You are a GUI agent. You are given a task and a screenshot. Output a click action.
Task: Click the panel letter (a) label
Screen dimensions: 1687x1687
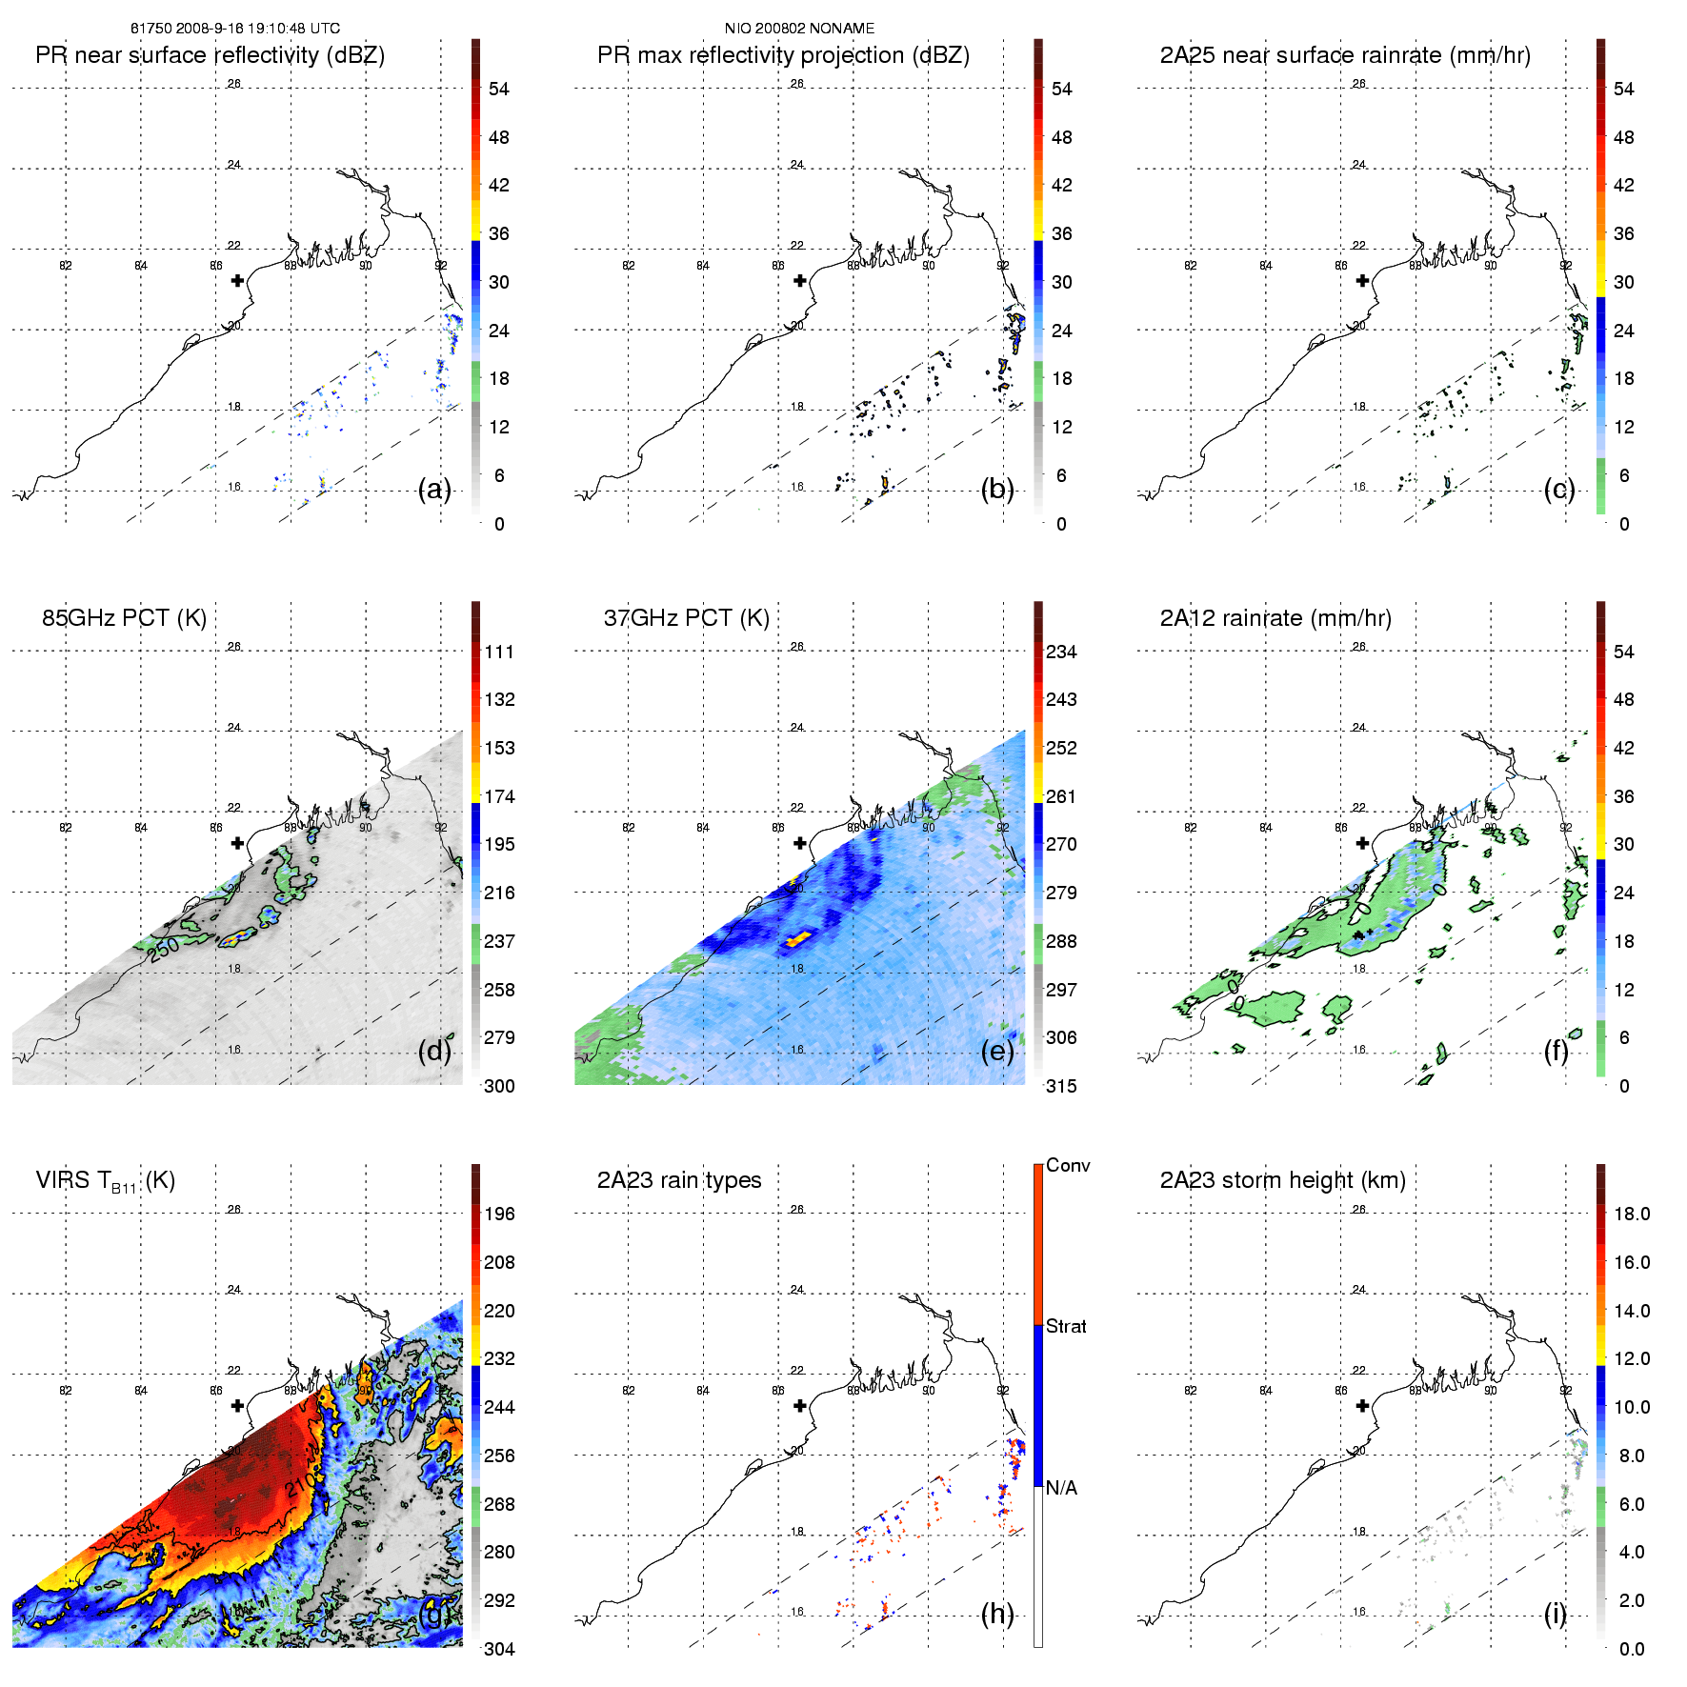pyautogui.click(x=434, y=490)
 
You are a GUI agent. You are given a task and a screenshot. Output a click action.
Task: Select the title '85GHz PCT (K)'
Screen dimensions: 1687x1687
pyautogui.click(x=124, y=618)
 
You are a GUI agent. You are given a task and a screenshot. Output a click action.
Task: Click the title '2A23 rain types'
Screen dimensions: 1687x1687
pyautogui.click(x=679, y=1180)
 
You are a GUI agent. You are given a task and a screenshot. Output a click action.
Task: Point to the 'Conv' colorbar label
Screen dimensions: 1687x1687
pyautogui.click(x=1068, y=1165)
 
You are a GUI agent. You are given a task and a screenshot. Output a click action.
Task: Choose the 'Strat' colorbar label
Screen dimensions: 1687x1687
pyautogui.click(x=1066, y=1326)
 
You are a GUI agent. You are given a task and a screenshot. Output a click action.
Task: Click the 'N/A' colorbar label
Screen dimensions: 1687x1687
pyautogui.click(x=1061, y=1488)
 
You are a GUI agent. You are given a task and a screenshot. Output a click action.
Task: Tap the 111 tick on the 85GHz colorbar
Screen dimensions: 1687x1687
pyautogui.click(x=499, y=652)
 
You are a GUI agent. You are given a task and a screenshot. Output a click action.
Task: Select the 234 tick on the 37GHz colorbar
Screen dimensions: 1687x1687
pyautogui.click(x=1061, y=652)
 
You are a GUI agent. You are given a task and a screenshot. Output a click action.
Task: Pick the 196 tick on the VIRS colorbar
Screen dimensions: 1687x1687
pyautogui.click(x=499, y=1214)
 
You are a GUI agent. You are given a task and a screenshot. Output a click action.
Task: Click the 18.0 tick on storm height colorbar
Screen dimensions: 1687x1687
pyautogui.click(x=1632, y=1214)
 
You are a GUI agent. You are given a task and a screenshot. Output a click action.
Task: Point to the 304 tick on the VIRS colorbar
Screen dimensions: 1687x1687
pyautogui.click(x=499, y=1649)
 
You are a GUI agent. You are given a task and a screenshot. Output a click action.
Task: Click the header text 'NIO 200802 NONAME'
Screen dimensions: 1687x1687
pyautogui.click(x=799, y=29)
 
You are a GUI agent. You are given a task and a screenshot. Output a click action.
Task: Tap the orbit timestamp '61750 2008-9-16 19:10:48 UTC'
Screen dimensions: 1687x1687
pyautogui.click(x=235, y=29)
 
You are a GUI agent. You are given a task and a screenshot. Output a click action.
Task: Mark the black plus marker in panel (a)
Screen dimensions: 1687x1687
pyautogui.click(x=237, y=280)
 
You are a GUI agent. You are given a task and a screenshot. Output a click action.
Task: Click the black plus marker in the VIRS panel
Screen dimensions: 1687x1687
pyautogui.click(x=237, y=1405)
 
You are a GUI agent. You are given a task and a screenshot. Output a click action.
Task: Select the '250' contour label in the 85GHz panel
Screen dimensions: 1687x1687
pyautogui.click(x=164, y=948)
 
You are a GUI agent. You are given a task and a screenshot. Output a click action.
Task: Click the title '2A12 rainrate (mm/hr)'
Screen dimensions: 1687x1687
pyautogui.click(x=1275, y=618)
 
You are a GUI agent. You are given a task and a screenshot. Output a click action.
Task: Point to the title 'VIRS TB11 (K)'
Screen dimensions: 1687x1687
pyautogui.click(x=106, y=1181)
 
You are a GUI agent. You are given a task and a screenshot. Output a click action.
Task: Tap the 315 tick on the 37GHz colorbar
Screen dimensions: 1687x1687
pyautogui.click(x=1061, y=1086)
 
